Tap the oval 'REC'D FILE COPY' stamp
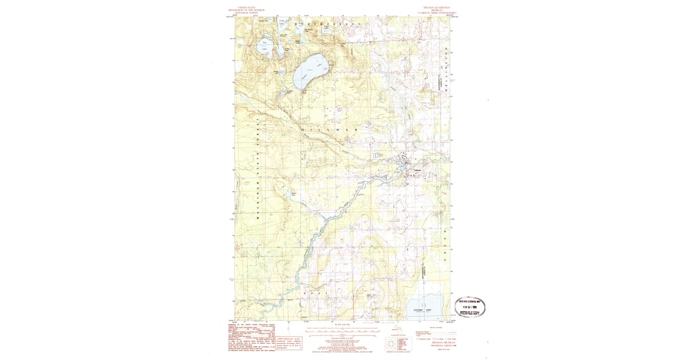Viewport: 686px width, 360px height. (x=469, y=307)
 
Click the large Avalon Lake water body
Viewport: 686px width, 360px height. (x=310, y=71)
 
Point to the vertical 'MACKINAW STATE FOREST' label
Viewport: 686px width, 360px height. (x=258, y=171)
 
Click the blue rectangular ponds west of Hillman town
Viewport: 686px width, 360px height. (x=376, y=155)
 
